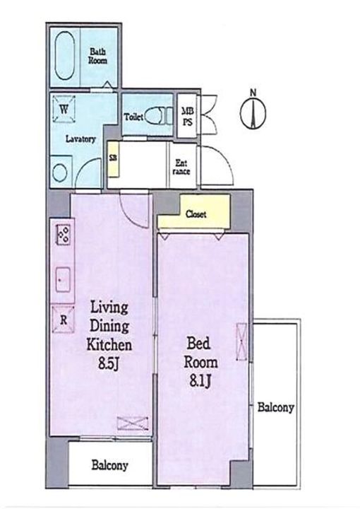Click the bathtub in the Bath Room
[65, 56]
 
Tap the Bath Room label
[98, 56]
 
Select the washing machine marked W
[64, 109]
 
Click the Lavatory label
[80, 139]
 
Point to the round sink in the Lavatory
[60, 172]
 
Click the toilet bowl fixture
[158, 116]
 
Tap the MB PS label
[188, 117]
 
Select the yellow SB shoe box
[113, 158]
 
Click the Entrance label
[181, 167]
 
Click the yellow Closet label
[196, 214]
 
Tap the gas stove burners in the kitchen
[64, 235]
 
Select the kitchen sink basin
[63, 279]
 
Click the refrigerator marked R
[64, 320]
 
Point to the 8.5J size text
[109, 364]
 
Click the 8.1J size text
[200, 381]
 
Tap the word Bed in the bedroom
[198, 344]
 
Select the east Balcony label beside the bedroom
[276, 408]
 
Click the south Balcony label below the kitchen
[109, 465]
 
